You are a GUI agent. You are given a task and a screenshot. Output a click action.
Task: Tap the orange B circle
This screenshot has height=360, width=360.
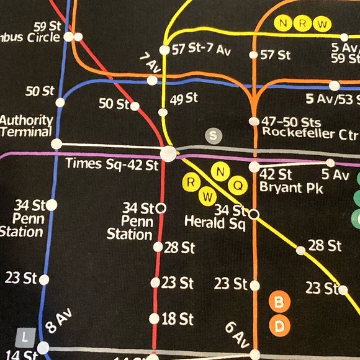279,302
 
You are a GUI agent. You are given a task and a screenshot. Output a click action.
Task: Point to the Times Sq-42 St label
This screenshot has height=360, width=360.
112,164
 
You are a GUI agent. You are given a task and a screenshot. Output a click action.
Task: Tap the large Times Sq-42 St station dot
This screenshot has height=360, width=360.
168,155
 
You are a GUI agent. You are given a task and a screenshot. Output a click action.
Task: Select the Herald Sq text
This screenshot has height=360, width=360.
215,222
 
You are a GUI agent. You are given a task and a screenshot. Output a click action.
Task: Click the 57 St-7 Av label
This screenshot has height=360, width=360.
200,50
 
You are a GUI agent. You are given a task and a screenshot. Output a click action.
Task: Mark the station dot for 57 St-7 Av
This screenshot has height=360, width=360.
164,50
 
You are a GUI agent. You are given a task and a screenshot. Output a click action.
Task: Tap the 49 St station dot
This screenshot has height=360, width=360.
163,112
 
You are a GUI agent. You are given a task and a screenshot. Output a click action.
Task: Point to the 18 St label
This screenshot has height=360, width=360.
178,319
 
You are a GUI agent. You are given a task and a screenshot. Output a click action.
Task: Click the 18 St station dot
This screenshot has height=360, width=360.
154,318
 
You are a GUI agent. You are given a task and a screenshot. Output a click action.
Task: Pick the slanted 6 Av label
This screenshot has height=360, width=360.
237,336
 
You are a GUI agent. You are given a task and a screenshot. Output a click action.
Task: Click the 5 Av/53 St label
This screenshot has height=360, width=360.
333,99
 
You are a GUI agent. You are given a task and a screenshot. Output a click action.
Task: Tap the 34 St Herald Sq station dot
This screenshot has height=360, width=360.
253,214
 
